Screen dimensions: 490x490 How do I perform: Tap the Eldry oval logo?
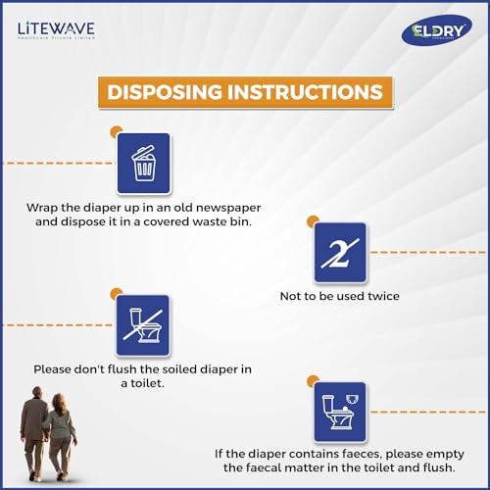coord(436,29)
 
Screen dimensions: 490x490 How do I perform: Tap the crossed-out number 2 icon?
coord(340,252)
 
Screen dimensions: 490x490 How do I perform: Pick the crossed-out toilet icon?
coord(143,325)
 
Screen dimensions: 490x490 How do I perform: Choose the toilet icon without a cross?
coord(340,412)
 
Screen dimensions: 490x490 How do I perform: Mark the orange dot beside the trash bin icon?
coord(116,130)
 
